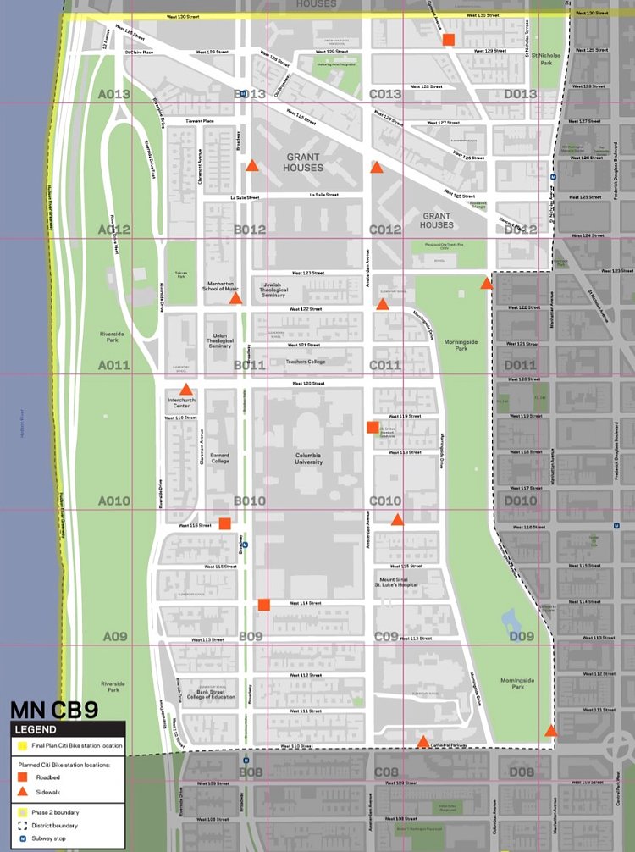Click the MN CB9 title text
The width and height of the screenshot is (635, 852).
tap(49, 710)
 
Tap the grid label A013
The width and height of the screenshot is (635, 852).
tap(114, 94)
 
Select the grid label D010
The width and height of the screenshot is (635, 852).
tap(520, 501)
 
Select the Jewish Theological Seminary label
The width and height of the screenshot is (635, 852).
tap(273, 290)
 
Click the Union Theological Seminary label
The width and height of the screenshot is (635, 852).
tap(219, 340)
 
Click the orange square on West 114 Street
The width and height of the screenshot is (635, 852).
tap(263, 605)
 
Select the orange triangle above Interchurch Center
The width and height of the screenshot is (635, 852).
tap(187, 389)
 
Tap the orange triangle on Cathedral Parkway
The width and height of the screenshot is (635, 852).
tap(422, 742)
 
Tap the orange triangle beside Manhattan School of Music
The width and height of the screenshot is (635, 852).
tap(236, 299)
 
